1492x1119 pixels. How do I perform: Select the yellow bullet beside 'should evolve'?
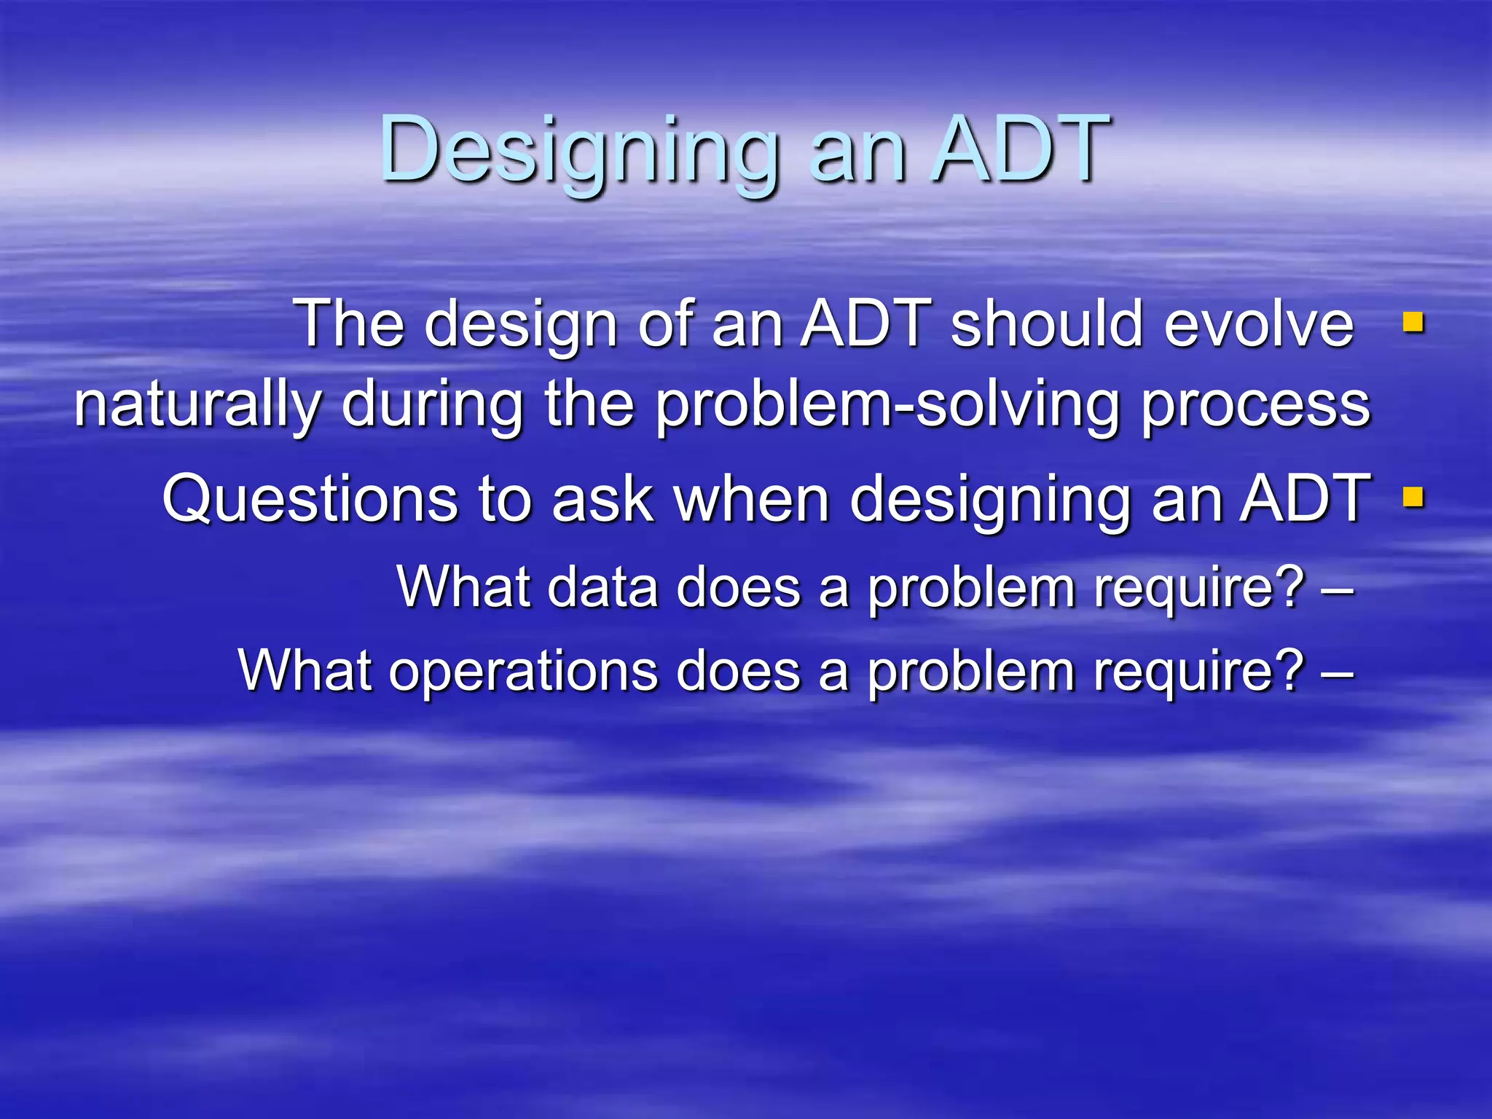pos(1413,321)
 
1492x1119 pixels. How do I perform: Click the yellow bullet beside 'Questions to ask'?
pos(1413,497)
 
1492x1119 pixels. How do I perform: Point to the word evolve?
pos(1258,324)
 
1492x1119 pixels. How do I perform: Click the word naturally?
pos(197,407)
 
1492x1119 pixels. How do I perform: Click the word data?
pos(602,586)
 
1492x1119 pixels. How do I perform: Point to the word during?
pos(432,405)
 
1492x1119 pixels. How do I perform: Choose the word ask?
pos(602,500)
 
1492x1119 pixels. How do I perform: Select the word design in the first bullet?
pos(522,326)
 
